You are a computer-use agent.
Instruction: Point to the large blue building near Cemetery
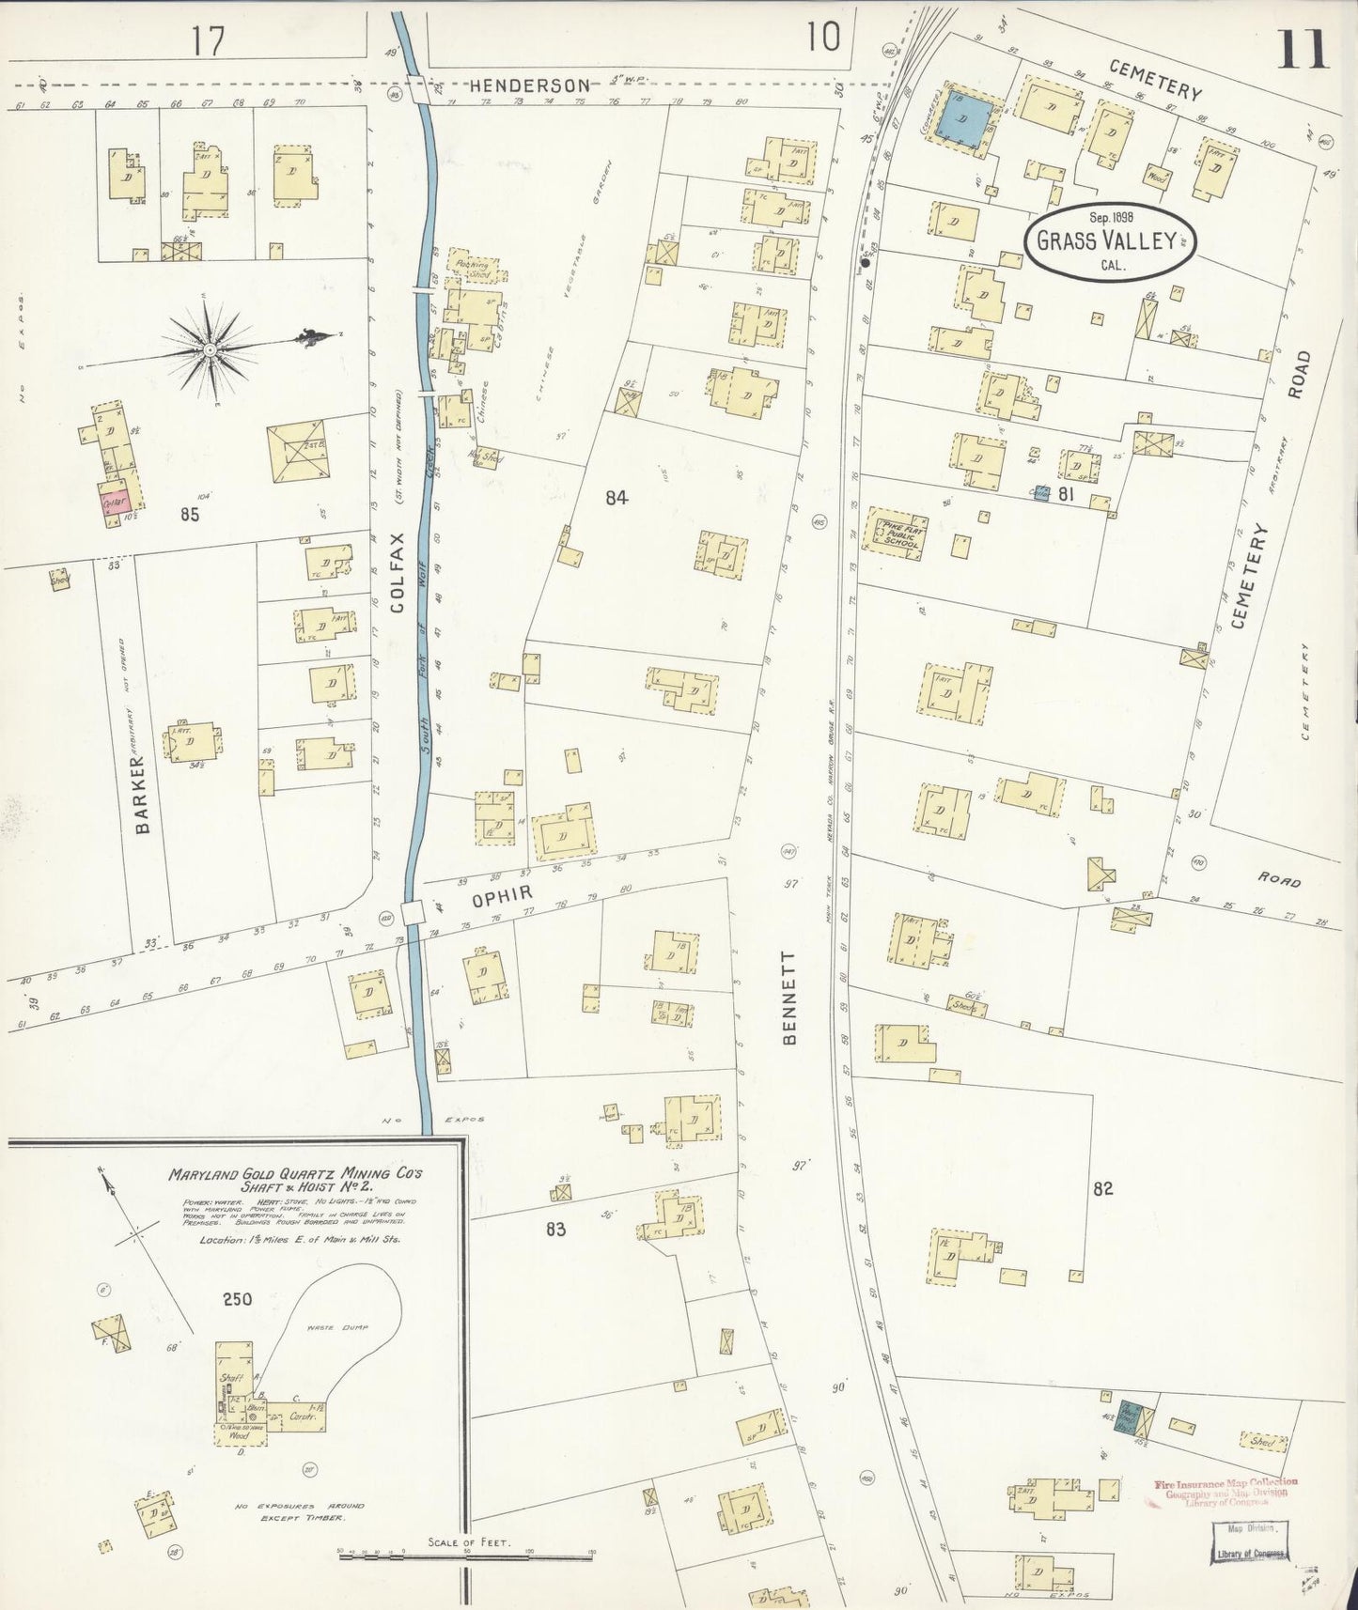(x=966, y=120)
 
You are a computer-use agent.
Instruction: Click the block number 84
(x=616, y=498)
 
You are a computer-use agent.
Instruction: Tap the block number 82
(x=1102, y=1188)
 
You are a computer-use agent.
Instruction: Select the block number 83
(x=555, y=1229)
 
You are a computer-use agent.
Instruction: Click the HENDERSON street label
(x=529, y=85)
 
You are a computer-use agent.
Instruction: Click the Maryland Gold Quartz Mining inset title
(x=295, y=1180)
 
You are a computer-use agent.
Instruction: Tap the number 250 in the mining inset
(x=237, y=1299)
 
